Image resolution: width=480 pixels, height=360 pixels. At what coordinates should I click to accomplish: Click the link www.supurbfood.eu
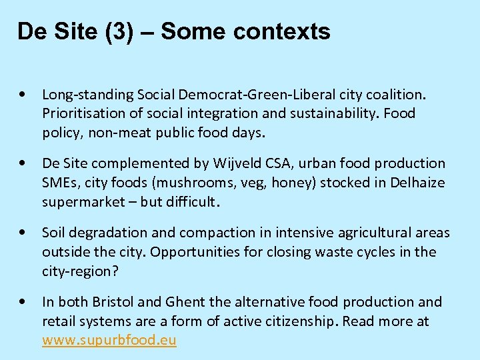coord(109,341)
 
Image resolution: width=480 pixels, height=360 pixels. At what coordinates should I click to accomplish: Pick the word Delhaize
coord(417,183)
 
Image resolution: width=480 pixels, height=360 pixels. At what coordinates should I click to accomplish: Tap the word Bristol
coord(115,302)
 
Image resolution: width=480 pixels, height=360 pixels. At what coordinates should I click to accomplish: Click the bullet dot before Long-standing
coord(24,94)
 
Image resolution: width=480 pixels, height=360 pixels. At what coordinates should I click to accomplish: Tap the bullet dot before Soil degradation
coord(24,233)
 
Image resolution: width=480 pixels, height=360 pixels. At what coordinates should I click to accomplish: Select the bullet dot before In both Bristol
coord(24,302)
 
